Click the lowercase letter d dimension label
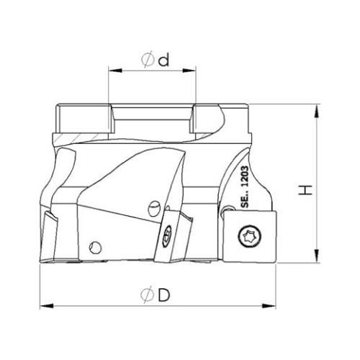tap(163, 60)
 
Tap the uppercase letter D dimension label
tap(164, 294)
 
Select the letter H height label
tap(305, 190)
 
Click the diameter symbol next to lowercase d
tap(148, 60)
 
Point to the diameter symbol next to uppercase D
tap(147, 294)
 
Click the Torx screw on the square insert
tap(250, 236)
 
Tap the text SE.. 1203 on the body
tap(245, 186)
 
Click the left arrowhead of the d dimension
tap(115, 71)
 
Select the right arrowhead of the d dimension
tap(189, 71)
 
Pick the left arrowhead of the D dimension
tap(47, 306)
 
